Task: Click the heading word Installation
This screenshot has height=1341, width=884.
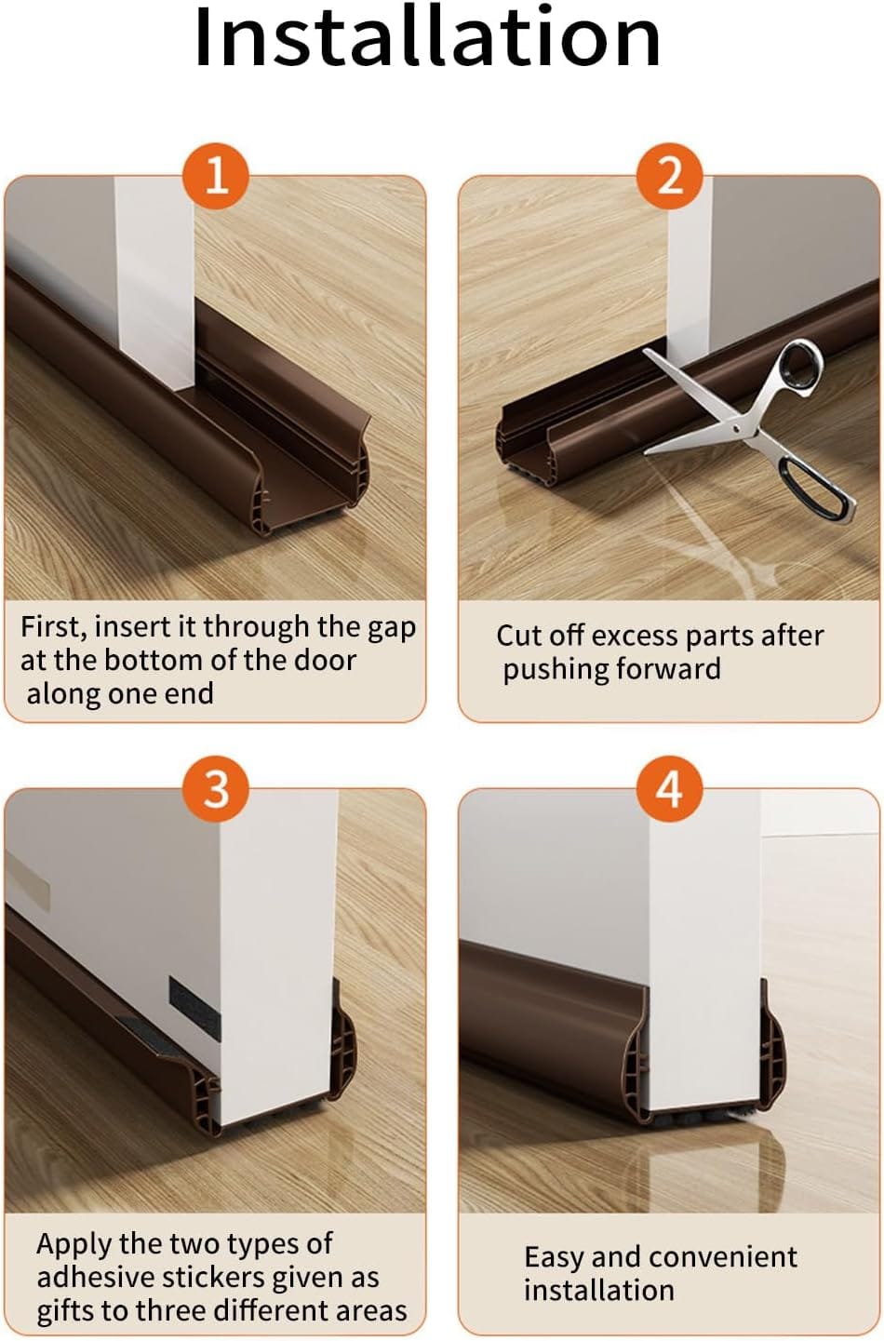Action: [x=427, y=37]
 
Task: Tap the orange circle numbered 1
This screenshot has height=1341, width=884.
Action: [x=216, y=177]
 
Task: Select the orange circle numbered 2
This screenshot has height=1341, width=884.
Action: [x=670, y=177]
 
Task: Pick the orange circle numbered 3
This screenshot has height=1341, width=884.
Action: [x=216, y=790]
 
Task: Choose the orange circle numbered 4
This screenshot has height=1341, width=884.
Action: [x=670, y=790]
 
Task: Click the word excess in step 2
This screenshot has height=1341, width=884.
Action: [x=634, y=637]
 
